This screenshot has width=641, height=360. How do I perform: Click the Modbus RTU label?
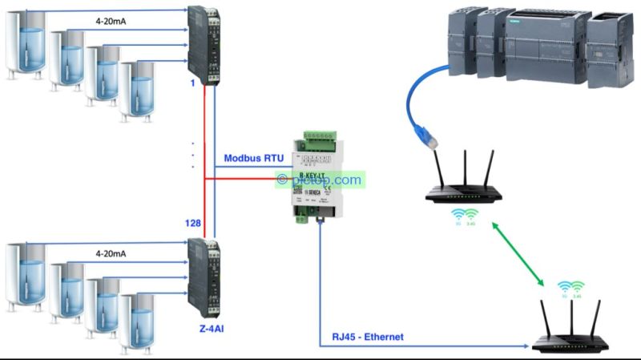coord(256,158)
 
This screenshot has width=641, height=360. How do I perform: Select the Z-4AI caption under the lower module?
coord(207,329)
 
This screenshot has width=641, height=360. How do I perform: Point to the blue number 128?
coord(192,224)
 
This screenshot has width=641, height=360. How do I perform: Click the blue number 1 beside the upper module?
coord(193,84)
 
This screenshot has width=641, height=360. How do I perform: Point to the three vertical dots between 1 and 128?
coord(194,156)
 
